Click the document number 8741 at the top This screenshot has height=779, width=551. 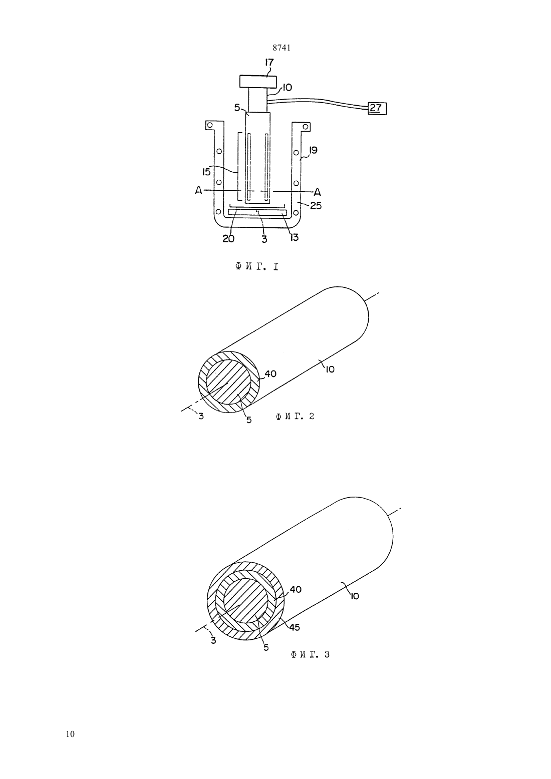(282, 48)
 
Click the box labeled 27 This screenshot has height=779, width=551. (377, 108)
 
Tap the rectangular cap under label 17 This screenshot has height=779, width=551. (258, 82)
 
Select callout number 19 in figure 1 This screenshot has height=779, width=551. (313, 151)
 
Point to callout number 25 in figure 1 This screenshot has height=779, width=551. (316, 206)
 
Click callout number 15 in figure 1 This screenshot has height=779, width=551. (206, 172)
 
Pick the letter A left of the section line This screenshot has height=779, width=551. (199, 191)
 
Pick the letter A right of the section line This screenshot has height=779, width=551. (317, 192)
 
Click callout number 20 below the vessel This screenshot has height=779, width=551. (228, 239)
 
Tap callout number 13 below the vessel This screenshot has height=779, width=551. (295, 237)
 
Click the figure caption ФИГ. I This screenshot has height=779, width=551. (257, 267)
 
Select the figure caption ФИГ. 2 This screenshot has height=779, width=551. (296, 416)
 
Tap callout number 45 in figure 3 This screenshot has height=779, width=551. (295, 627)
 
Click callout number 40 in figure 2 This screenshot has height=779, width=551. (270, 374)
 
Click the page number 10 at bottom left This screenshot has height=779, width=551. (70, 734)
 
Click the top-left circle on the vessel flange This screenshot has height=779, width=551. (210, 125)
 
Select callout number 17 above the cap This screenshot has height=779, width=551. (269, 63)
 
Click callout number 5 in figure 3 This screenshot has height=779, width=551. (266, 647)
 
